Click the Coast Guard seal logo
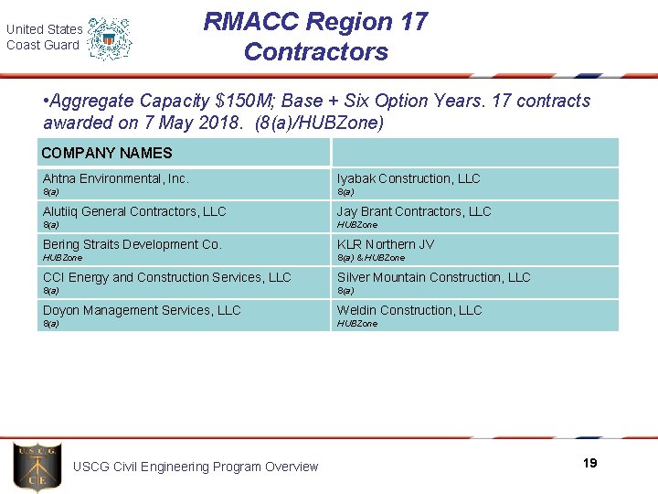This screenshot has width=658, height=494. pos(110,38)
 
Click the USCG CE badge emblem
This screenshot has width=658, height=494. pos(37,467)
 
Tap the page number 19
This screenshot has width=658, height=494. pos(589,463)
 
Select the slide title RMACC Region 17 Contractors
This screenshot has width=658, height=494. pos(315,37)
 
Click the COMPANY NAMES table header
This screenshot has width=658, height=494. pos(107,153)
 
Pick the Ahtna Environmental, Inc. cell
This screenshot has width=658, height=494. pos(116,178)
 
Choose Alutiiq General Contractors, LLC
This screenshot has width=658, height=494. pos(134,211)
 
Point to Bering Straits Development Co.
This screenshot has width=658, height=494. pos(133,244)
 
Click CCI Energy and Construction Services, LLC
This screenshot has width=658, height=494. pos(166,277)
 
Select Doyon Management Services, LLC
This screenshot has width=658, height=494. pos(142,310)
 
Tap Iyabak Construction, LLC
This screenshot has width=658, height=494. pos(409,178)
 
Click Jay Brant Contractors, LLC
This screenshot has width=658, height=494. pos(414,211)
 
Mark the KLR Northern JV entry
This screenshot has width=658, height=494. pos(386,244)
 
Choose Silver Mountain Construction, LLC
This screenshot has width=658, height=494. pos(433,277)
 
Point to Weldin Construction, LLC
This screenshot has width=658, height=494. pos(409,310)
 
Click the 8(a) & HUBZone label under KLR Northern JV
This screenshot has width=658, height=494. pos(371,258)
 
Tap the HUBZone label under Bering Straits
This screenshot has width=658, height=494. pos(62,258)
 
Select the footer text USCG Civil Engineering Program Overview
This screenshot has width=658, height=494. pos(196,467)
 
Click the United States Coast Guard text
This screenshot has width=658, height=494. pos(44,38)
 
